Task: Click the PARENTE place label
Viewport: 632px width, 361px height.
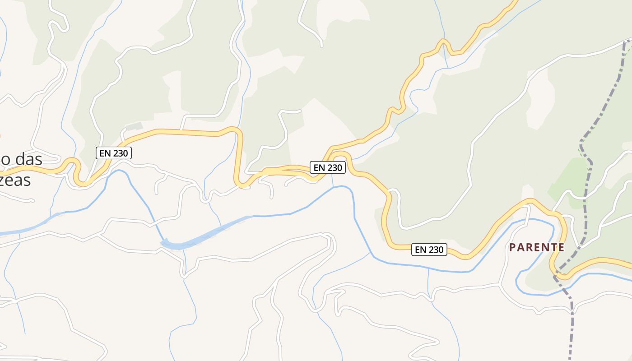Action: click(x=537, y=247)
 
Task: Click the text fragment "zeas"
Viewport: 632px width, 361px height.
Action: click(x=15, y=180)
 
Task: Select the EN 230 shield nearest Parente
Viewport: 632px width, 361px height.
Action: click(x=429, y=250)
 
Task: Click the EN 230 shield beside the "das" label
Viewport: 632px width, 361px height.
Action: click(x=114, y=153)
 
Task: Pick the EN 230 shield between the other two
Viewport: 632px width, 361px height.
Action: click(x=328, y=167)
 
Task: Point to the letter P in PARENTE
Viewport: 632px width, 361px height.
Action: click(x=512, y=247)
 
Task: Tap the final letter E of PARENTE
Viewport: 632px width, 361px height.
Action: click(x=561, y=247)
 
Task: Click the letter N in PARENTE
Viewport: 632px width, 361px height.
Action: click(x=545, y=247)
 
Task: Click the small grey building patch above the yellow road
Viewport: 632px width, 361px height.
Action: click(x=134, y=126)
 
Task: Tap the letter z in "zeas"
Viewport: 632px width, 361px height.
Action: click(x=3, y=180)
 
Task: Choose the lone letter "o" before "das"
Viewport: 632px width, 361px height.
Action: click(x=5, y=160)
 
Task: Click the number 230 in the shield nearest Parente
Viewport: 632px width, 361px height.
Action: click(x=436, y=250)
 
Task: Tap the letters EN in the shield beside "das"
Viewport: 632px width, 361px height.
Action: click(x=105, y=153)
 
